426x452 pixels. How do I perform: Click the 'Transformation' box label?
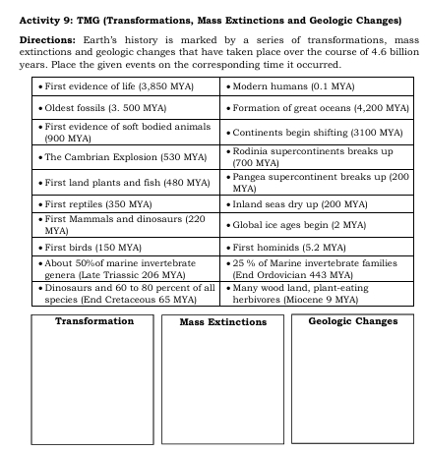[x=94, y=321]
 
